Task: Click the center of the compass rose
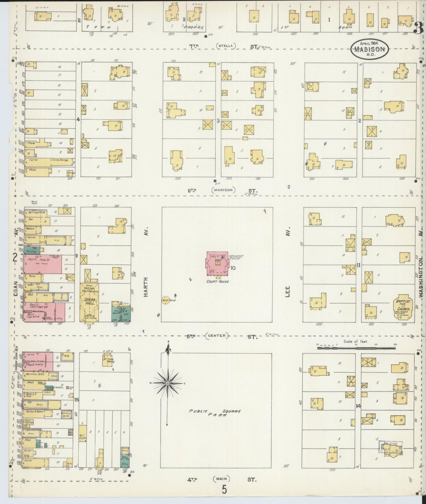pyautogui.click(x=167, y=383)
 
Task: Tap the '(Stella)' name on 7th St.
pyautogui.click(x=226, y=45)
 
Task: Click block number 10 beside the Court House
pyautogui.click(x=233, y=268)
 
